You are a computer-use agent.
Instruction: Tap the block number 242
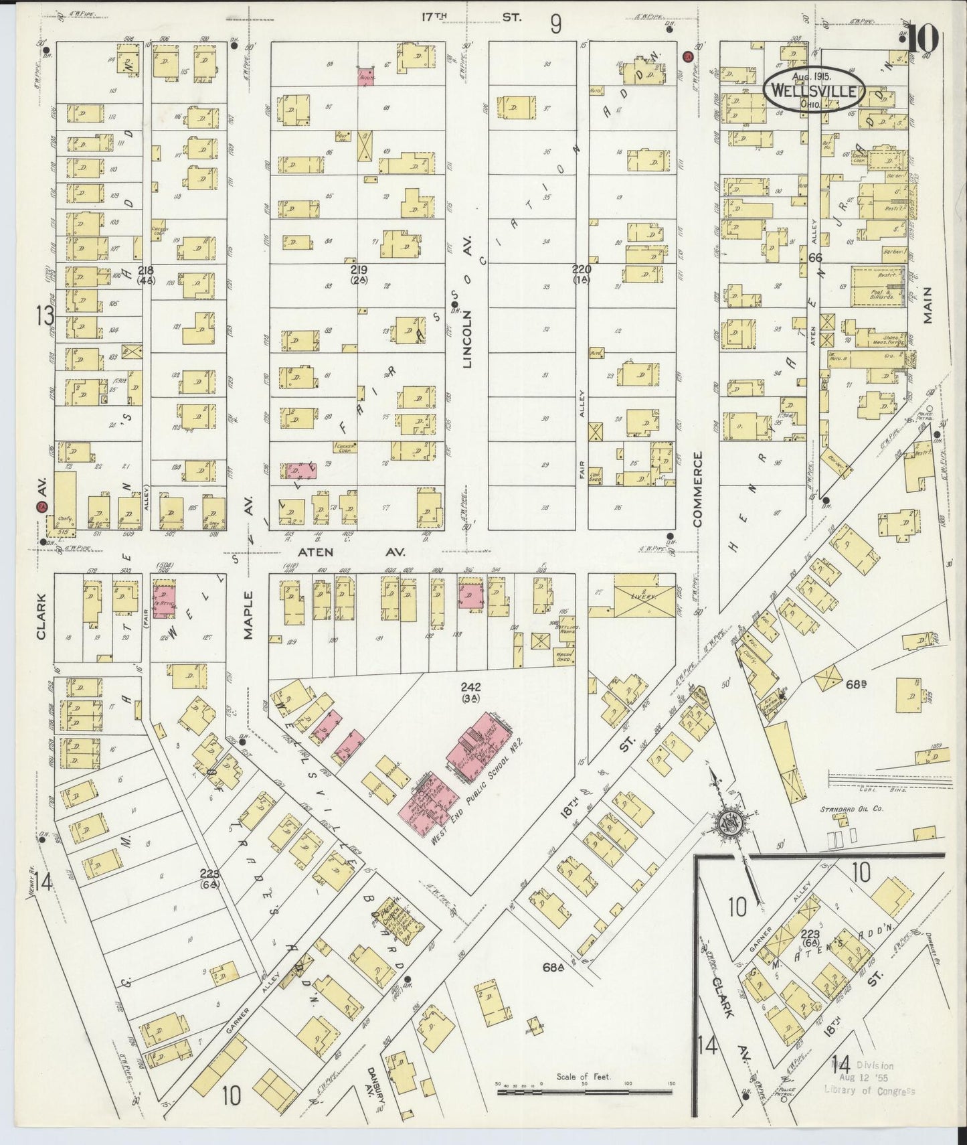point(470,687)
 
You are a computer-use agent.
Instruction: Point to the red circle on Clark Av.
point(41,509)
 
